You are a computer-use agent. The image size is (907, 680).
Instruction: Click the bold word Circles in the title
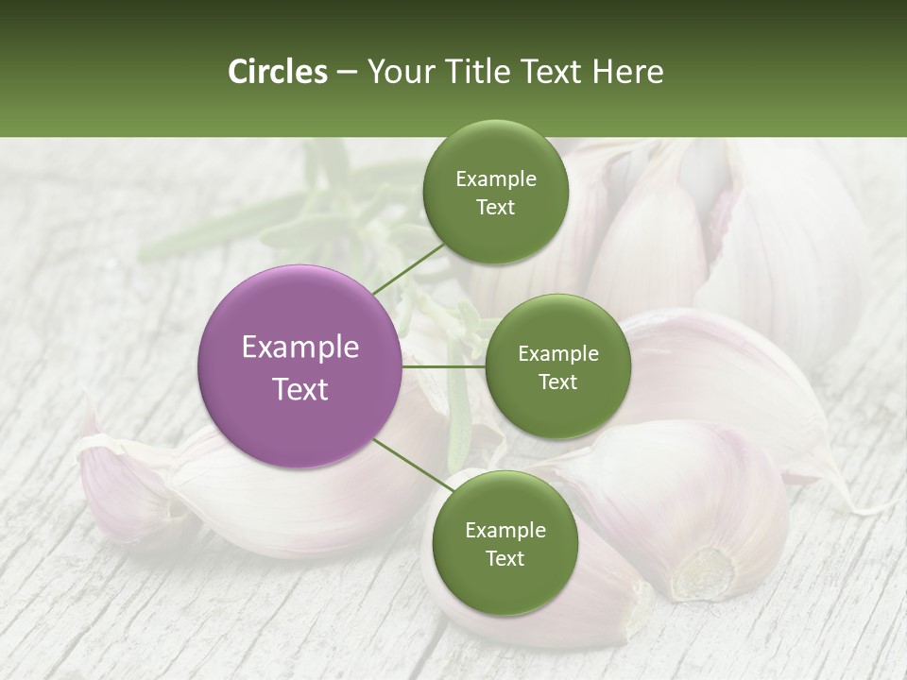coord(278,72)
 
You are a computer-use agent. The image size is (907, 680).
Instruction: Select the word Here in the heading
coord(627,72)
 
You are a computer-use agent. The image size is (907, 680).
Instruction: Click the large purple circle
coord(300,366)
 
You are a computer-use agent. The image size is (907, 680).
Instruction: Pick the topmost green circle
coord(495,193)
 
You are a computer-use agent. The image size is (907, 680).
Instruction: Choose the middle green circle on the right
coord(557,366)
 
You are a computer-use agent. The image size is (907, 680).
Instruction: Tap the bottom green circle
coord(505,543)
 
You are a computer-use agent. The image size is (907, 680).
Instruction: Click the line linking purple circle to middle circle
coord(444,366)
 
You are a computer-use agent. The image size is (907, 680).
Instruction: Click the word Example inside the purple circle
coord(300,348)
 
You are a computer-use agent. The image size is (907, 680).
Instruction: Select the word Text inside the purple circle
coord(300,388)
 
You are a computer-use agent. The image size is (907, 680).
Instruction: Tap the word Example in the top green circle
coord(495,179)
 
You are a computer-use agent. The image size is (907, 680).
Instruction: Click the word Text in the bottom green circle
coord(505,558)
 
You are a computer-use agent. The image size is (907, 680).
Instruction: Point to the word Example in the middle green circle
coord(557,354)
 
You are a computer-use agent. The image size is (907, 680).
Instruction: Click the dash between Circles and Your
coord(346,73)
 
